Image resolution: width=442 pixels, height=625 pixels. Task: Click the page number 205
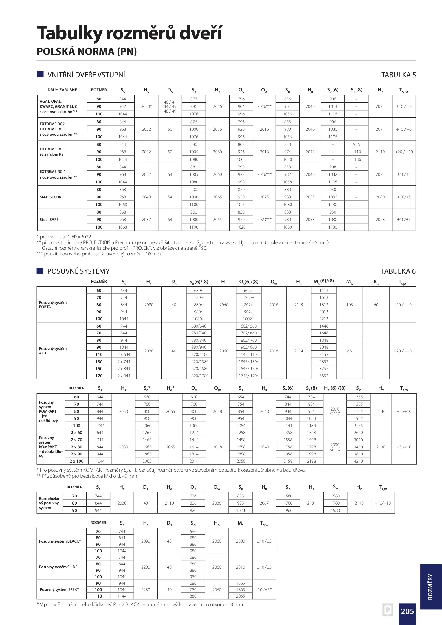point(407,611)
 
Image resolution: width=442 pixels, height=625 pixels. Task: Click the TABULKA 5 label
point(398,75)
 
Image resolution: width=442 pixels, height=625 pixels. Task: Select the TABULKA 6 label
point(398,271)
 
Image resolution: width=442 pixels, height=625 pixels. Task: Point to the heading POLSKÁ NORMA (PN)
point(87,52)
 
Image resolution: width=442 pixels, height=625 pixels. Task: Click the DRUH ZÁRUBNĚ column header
point(62,90)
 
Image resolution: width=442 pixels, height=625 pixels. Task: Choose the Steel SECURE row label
point(52,197)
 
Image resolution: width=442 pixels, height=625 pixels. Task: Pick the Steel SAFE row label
point(49,220)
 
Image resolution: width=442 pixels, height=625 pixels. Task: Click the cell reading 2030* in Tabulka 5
point(146,106)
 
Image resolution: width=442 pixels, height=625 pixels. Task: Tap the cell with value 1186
point(356,159)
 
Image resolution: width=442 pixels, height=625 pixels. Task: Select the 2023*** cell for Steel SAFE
point(264,220)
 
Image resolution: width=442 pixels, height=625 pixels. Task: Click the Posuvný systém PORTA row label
point(53,305)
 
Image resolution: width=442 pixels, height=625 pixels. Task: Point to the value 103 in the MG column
point(349,305)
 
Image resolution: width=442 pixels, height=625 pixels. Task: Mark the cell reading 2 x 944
point(124,376)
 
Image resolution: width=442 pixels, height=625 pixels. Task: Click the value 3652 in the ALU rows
point(324,376)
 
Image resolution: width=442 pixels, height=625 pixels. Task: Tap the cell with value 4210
point(358,461)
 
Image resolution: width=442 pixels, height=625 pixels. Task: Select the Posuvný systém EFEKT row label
point(59,589)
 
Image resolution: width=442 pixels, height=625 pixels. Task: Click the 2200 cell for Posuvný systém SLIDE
point(146,567)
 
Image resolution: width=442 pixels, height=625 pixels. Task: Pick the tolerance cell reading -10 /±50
point(264,590)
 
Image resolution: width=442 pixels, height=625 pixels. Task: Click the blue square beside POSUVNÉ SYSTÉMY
point(40,271)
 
